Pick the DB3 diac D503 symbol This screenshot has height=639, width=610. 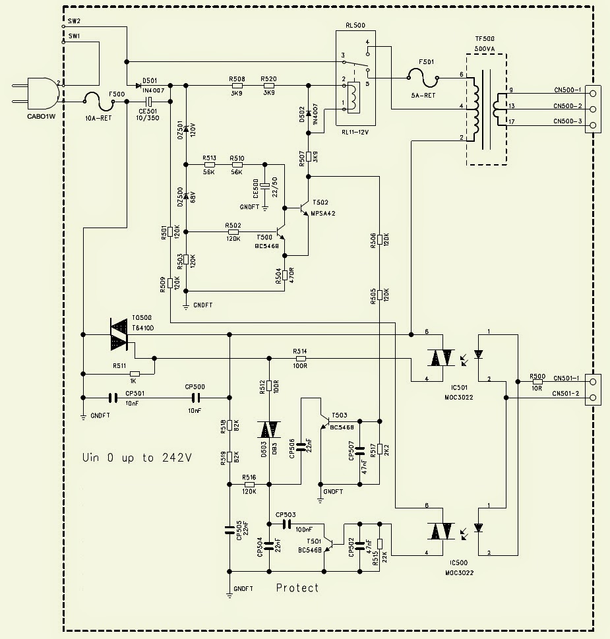(x=268, y=430)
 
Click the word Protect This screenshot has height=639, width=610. (x=297, y=588)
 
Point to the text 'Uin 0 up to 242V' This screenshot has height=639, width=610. (x=137, y=457)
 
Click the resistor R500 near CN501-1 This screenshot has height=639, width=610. (x=537, y=381)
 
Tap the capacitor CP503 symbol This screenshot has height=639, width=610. (x=287, y=524)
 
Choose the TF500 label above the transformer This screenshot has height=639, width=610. (x=485, y=39)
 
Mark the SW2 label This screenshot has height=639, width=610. (x=73, y=21)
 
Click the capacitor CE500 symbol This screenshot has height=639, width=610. (x=265, y=187)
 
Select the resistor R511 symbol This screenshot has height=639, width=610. (x=135, y=374)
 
